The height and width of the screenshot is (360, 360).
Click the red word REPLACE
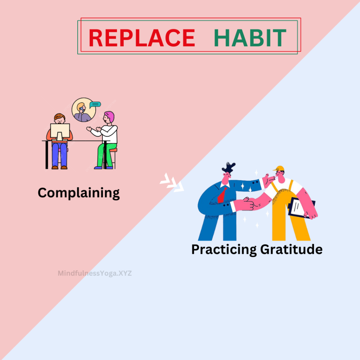[x=142, y=38]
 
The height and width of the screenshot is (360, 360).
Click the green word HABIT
[x=250, y=38]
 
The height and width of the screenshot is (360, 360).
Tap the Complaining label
[x=79, y=193]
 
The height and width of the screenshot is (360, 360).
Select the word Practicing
[x=224, y=250]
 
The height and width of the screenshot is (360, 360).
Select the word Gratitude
[x=291, y=249]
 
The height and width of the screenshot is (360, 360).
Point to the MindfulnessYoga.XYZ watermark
[x=95, y=273]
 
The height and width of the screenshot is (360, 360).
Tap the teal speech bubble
[x=95, y=105]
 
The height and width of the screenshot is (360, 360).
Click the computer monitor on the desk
[x=60, y=131]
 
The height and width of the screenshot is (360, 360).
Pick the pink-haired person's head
[x=109, y=117]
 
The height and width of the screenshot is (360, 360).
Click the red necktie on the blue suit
[x=222, y=195]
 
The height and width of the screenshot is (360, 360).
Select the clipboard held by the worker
[x=300, y=207]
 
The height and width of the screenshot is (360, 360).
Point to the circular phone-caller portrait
[x=84, y=110]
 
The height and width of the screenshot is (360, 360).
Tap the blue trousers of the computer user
[x=59, y=154]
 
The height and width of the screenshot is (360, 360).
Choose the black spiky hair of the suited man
[x=229, y=167]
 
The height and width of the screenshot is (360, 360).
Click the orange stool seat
[x=113, y=150]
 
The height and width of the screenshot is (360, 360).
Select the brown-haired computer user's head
[x=59, y=118]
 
